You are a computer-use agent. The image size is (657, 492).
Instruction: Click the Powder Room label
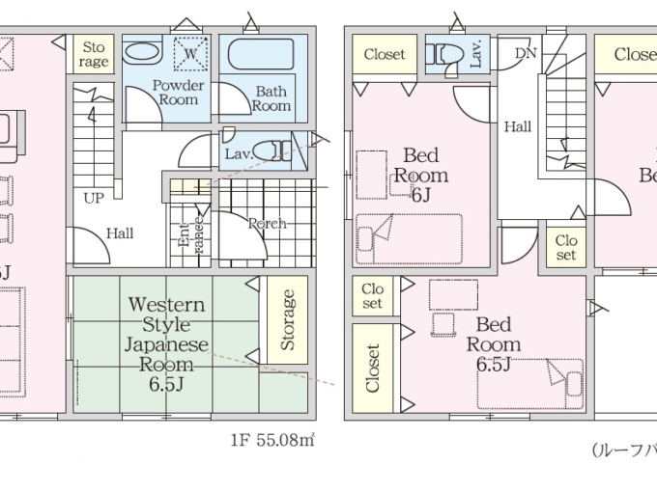click(x=179, y=92)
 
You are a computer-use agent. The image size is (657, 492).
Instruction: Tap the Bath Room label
click(x=271, y=98)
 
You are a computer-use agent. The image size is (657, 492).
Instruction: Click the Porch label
click(x=268, y=224)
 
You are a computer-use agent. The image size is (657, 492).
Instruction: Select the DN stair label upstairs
click(x=526, y=52)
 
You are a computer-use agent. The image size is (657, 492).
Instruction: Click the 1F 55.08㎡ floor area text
click(x=272, y=441)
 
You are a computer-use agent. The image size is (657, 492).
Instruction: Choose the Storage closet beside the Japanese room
click(x=287, y=320)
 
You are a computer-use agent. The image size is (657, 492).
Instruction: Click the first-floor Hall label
click(x=120, y=232)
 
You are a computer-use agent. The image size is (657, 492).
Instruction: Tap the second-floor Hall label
click(x=517, y=126)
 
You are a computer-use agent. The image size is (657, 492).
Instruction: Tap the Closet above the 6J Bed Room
click(x=384, y=55)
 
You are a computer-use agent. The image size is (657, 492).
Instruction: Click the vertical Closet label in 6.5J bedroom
click(x=373, y=368)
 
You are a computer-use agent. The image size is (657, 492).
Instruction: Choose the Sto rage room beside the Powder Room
click(x=94, y=55)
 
